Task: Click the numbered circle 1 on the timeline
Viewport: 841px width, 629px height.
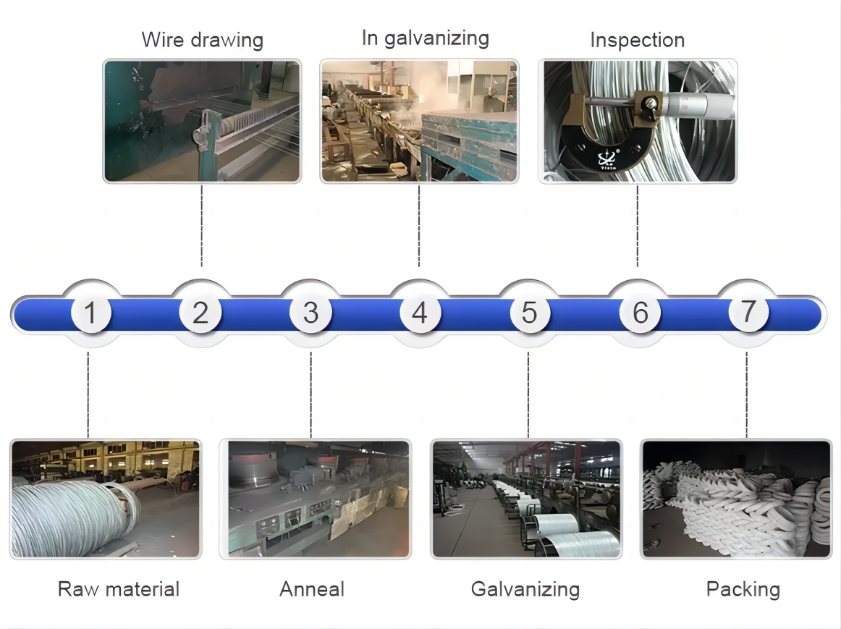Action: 90,313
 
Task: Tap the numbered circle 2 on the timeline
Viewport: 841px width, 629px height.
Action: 200,313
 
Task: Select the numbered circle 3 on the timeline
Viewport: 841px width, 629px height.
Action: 310,313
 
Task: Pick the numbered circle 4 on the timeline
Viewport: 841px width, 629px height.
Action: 420,313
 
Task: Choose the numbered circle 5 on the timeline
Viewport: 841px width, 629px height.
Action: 530,313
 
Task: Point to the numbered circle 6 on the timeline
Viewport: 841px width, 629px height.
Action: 640,313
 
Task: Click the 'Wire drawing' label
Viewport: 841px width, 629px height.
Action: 202,40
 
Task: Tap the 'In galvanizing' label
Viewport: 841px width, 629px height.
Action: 425,38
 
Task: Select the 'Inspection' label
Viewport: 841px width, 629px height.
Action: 637,41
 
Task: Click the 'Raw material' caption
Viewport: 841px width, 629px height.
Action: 119,589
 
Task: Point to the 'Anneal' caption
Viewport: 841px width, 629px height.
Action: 312,589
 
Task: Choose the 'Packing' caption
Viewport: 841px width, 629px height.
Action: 743,589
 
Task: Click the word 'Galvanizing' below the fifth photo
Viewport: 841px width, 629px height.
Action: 525,589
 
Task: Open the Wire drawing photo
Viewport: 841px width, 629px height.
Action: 202,121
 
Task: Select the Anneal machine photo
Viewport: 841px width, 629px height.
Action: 315,499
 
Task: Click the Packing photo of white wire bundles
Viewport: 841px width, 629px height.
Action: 736,499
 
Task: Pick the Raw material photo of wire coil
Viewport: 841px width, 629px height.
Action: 106,499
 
